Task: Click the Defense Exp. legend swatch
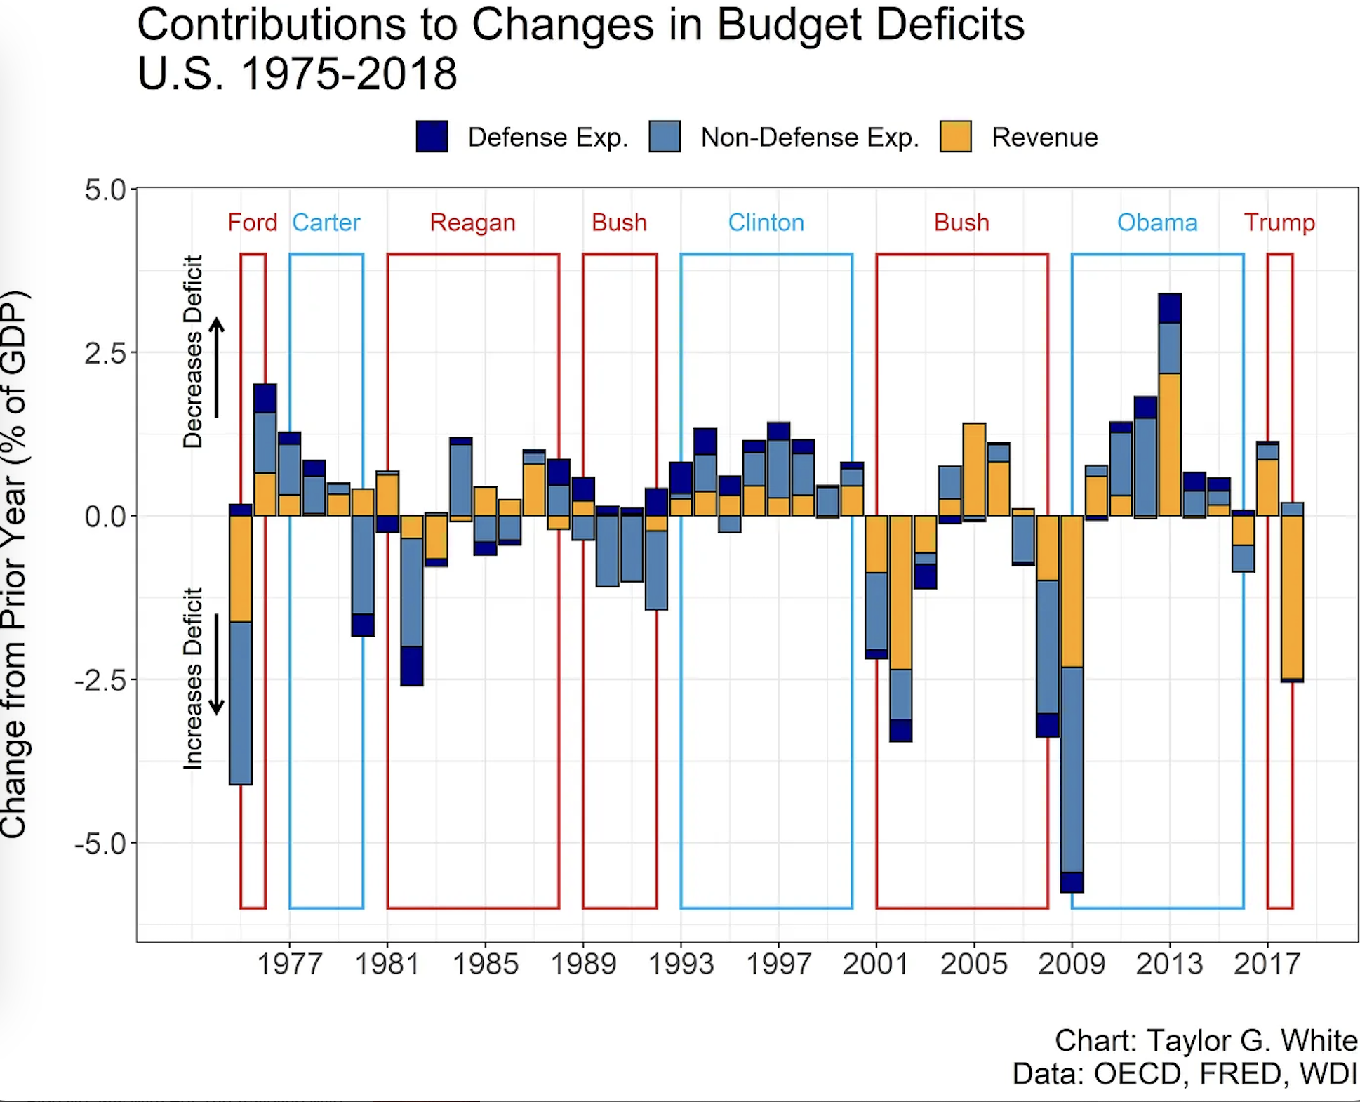[432, 137]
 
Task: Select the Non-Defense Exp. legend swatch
[665, 137]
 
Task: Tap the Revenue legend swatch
[956, 137]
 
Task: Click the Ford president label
[253, 223]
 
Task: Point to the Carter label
[326, 223]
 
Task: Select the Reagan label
[473, 223]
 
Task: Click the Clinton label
[766, 223]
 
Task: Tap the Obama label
[1157, 223]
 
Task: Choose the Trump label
[1279, 223]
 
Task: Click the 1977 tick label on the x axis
[290, 964]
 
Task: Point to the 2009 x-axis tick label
[1072, 964]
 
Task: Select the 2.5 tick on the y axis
[105, 353]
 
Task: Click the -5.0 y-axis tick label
[101, 844]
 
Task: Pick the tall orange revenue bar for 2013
[1170, 444]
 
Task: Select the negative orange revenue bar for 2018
[1292, 597]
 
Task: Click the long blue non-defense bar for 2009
[1072, 769]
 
